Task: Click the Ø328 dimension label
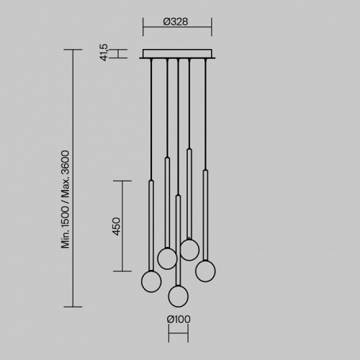pos(176,22)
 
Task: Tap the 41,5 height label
pos(104,53)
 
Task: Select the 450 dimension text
pos(117,226)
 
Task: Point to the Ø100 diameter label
pos(179,319)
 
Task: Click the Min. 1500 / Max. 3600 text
pos(66,199)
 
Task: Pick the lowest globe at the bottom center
pos(179,296)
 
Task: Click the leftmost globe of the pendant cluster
pos(151,282)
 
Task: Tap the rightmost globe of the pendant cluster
pos(205,271)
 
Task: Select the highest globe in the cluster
pos(189,250)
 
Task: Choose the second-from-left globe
pos(167,258)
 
